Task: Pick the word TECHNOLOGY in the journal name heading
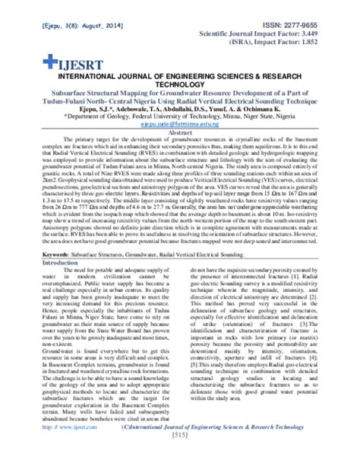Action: (179, 86)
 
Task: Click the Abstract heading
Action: (180, 133)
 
